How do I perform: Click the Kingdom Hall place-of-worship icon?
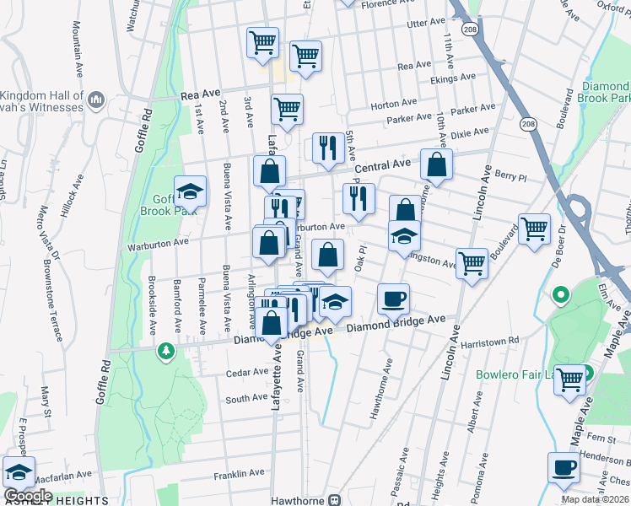point(95,100)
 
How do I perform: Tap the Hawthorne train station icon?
point(335,500)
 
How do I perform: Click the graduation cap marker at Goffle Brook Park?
point(191,191)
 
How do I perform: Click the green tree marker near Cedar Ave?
point(166,350)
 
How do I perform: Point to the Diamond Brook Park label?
point(604,93)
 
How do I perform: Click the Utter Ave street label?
point(425,23)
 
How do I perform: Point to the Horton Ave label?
point(393,104)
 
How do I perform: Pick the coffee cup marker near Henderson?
point(564,466)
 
